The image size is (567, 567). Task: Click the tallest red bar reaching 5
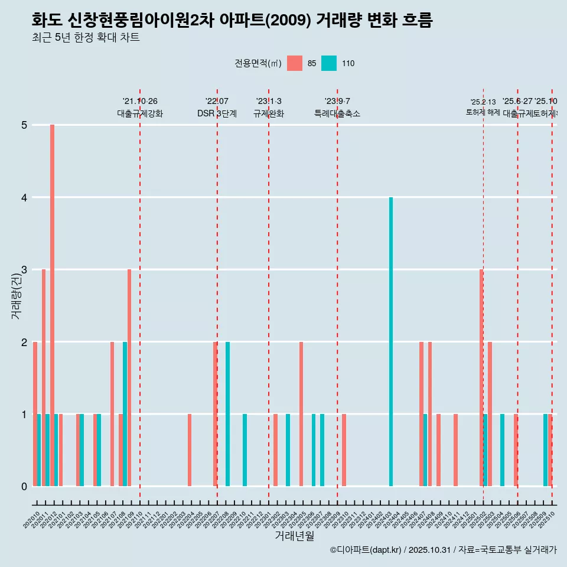(x=52, y=305)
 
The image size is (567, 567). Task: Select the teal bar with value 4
(x=391, y=341)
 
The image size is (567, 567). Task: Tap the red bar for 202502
(x=481, y=378)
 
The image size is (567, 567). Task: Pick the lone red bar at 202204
(x=190, y=450)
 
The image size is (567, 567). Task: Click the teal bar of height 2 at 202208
(x=228, y=413)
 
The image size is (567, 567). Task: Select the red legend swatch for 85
(x=295, y=63)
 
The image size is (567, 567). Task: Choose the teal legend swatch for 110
(x=329, y=63)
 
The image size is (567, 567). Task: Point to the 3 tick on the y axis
(x=24, y=270)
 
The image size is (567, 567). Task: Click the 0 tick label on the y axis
(x=24, y=487)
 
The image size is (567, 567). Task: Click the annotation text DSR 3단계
(x=217, y=114)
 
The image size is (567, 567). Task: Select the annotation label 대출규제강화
(x=140, y=114)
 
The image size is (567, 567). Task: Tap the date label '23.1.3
(x=269, y=102)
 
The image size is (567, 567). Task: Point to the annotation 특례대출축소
(x=337, y=114)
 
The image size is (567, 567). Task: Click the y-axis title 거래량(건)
(x=16, y=295)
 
